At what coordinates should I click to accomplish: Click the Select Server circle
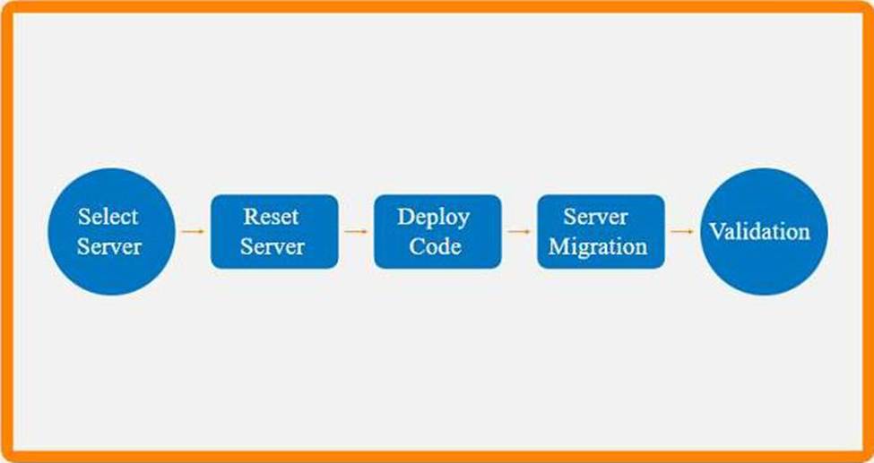tap(109, 231)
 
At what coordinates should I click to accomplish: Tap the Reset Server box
tap(274, 231)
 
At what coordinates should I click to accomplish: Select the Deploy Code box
tap(437, 231)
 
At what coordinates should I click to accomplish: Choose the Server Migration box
tap(601, 231)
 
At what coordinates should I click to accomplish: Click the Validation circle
tap(763, 231)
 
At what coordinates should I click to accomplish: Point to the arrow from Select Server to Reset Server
tap(192, 231)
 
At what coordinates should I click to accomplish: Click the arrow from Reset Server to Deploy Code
tap(356, 231)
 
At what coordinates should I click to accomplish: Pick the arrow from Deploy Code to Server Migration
tap(519, 231)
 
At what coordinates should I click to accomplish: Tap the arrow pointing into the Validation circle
tap(682, 231)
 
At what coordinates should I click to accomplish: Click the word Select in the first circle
tap(108, 217)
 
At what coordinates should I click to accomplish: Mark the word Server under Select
tap(109, 246)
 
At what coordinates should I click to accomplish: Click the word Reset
tap(271, 217)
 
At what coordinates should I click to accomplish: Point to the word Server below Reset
tap(273, 246)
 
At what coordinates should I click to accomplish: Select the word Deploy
tap(434, 218)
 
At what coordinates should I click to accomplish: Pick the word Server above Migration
tap(596, 217)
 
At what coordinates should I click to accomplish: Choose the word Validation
tap(759, 231)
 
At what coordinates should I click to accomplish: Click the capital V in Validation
tap(717, 231)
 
